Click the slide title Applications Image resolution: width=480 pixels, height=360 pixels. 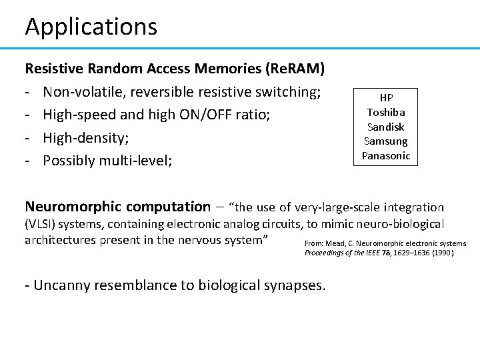[91, 27]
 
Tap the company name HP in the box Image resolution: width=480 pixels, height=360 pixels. [386, 98]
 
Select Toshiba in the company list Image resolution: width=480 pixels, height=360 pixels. [386, 112]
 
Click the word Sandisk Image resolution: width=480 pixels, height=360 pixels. [386, 127]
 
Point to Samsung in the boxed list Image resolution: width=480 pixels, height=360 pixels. [386, 141]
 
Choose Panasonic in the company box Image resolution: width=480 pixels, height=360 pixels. [386, 155]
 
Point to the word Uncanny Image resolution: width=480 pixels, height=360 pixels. [65, 286]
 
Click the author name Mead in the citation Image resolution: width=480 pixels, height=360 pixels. [336, 243]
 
